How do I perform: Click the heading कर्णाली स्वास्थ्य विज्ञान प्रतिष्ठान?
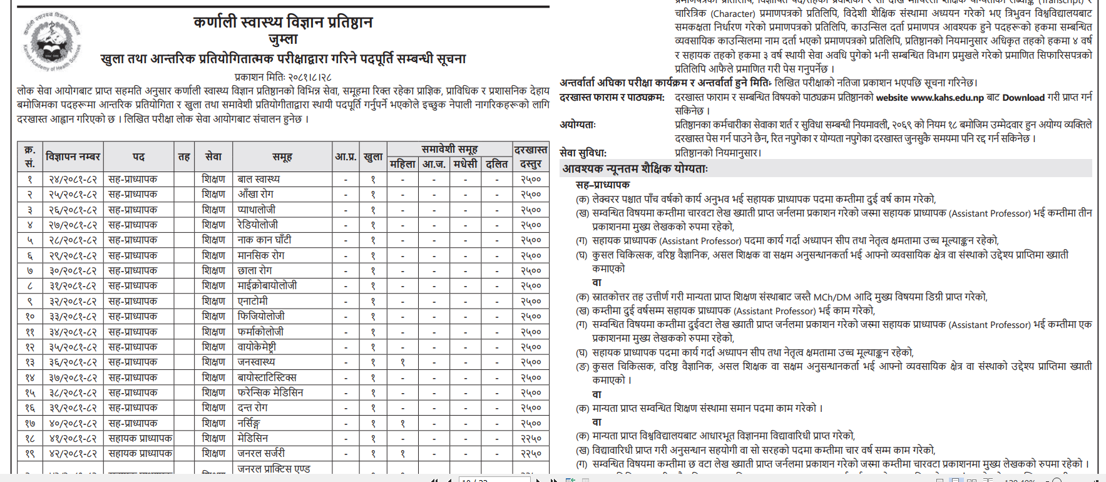coord(283,23)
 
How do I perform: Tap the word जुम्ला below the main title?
coord(283,39)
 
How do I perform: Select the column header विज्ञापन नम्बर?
coord(73,156)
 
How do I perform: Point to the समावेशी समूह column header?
coord(449,149)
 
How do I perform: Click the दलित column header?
coord(496,164)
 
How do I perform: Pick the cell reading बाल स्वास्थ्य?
coord(259,180)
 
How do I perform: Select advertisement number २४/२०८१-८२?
coord(73,180)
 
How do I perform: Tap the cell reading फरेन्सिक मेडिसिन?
coord(270,392)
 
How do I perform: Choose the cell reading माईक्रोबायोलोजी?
coord(267,285)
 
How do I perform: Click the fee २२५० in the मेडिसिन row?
coord(531,438)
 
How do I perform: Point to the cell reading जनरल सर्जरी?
coord(261,453)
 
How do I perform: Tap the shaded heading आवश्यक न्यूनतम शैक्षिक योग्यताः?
coord(635,168)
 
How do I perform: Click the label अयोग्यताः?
coord(578,125)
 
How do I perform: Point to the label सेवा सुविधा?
coord(583,153)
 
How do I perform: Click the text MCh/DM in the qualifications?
coord(832,297)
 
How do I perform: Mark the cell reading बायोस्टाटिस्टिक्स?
coord(267,377)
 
